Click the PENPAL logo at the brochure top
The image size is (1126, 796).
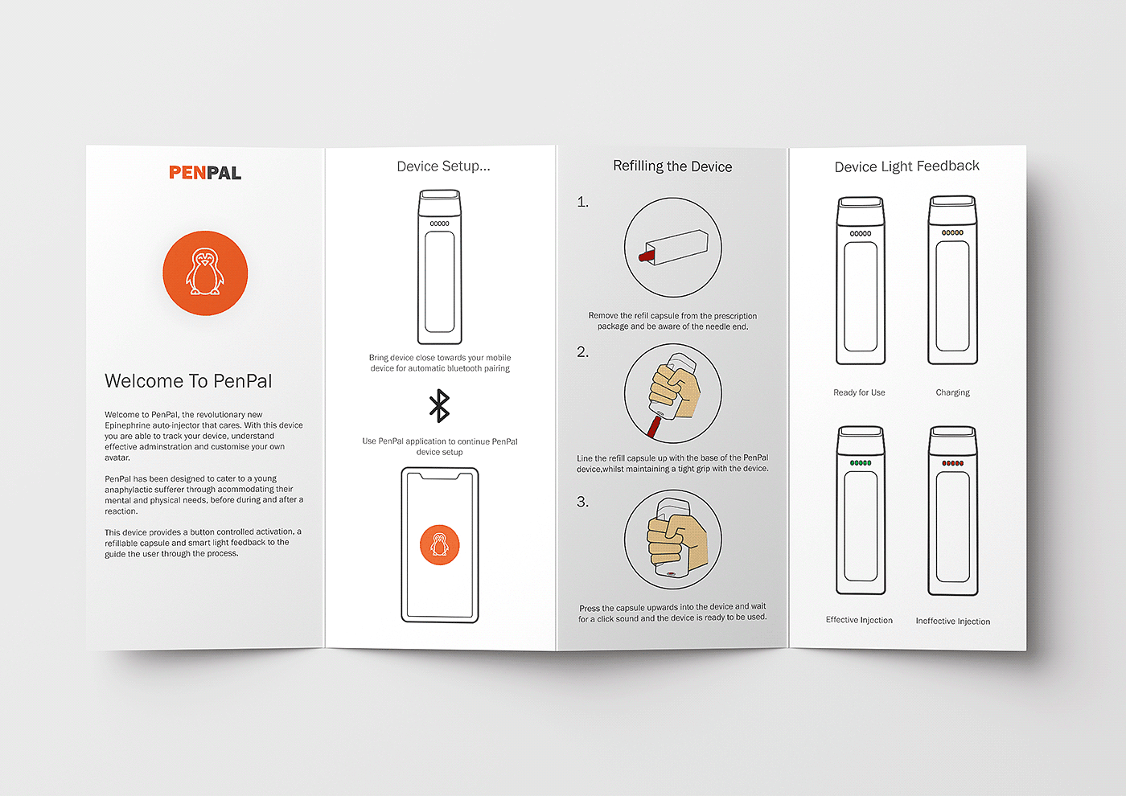tap(205, 172)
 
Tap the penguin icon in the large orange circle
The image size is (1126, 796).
tap(204, 272)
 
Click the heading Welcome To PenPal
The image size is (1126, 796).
tap(188, 381)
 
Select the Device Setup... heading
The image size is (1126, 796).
tap(443, 166)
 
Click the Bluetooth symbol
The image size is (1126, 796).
tap(439, 405)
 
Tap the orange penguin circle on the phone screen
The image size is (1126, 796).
tap(439, 545)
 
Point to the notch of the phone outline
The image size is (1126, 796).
tap(440, 475)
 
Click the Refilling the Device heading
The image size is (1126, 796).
tap(672, 166)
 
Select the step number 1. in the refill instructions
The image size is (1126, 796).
tap(582, 202)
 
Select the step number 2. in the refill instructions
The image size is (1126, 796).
tap(582, 352)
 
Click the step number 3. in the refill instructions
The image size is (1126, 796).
tap(582, 502)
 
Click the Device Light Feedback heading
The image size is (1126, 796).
tap(907, 166)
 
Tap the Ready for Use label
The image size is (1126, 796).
tap(859, 392)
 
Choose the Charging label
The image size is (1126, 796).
tap(952, 392)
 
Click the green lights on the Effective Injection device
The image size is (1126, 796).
tap(861, 463)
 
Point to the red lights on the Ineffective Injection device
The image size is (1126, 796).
tap(952, 463)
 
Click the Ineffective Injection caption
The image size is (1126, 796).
tap(952, 621)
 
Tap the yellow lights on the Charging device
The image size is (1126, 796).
tap(952, 232)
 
